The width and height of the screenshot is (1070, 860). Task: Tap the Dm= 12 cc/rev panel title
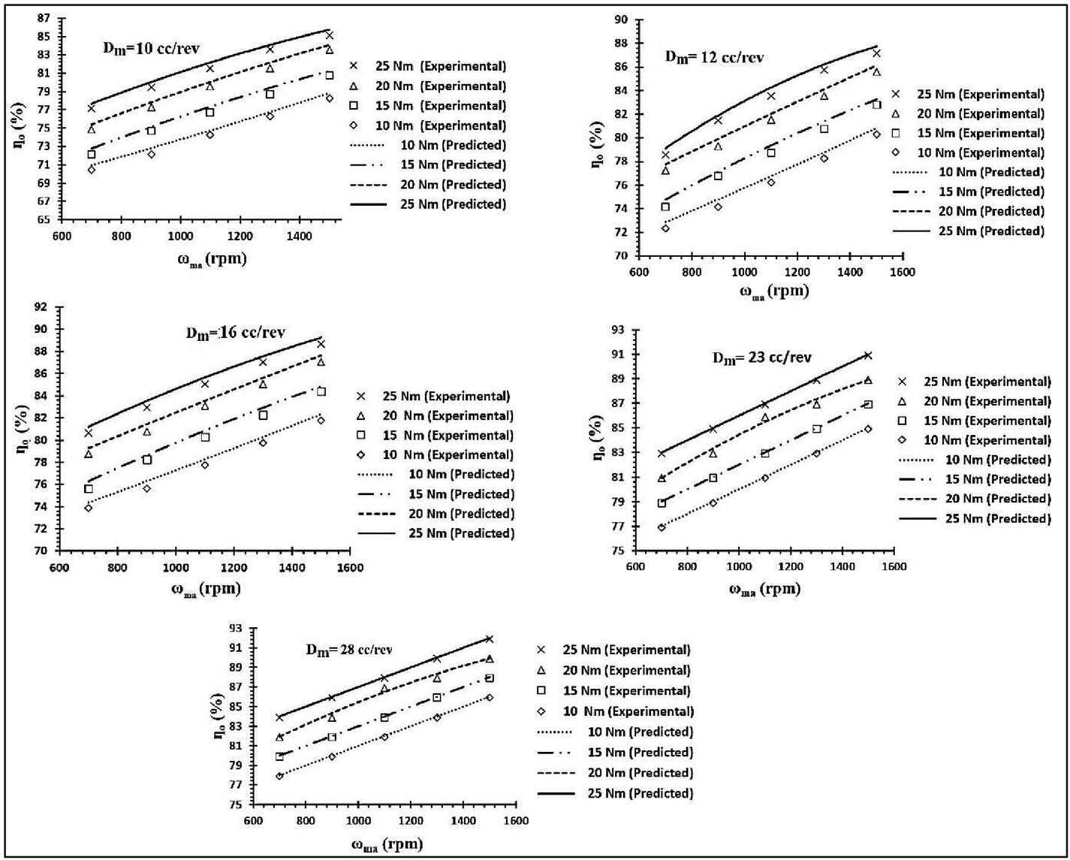715,58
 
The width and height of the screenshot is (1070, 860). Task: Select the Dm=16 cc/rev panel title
235,333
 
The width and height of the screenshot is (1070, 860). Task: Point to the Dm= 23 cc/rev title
761,358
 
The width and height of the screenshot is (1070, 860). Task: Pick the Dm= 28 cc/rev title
348,650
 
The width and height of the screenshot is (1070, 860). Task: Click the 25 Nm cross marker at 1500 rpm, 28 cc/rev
490,638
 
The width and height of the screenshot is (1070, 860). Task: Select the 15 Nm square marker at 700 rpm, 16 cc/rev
89,489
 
